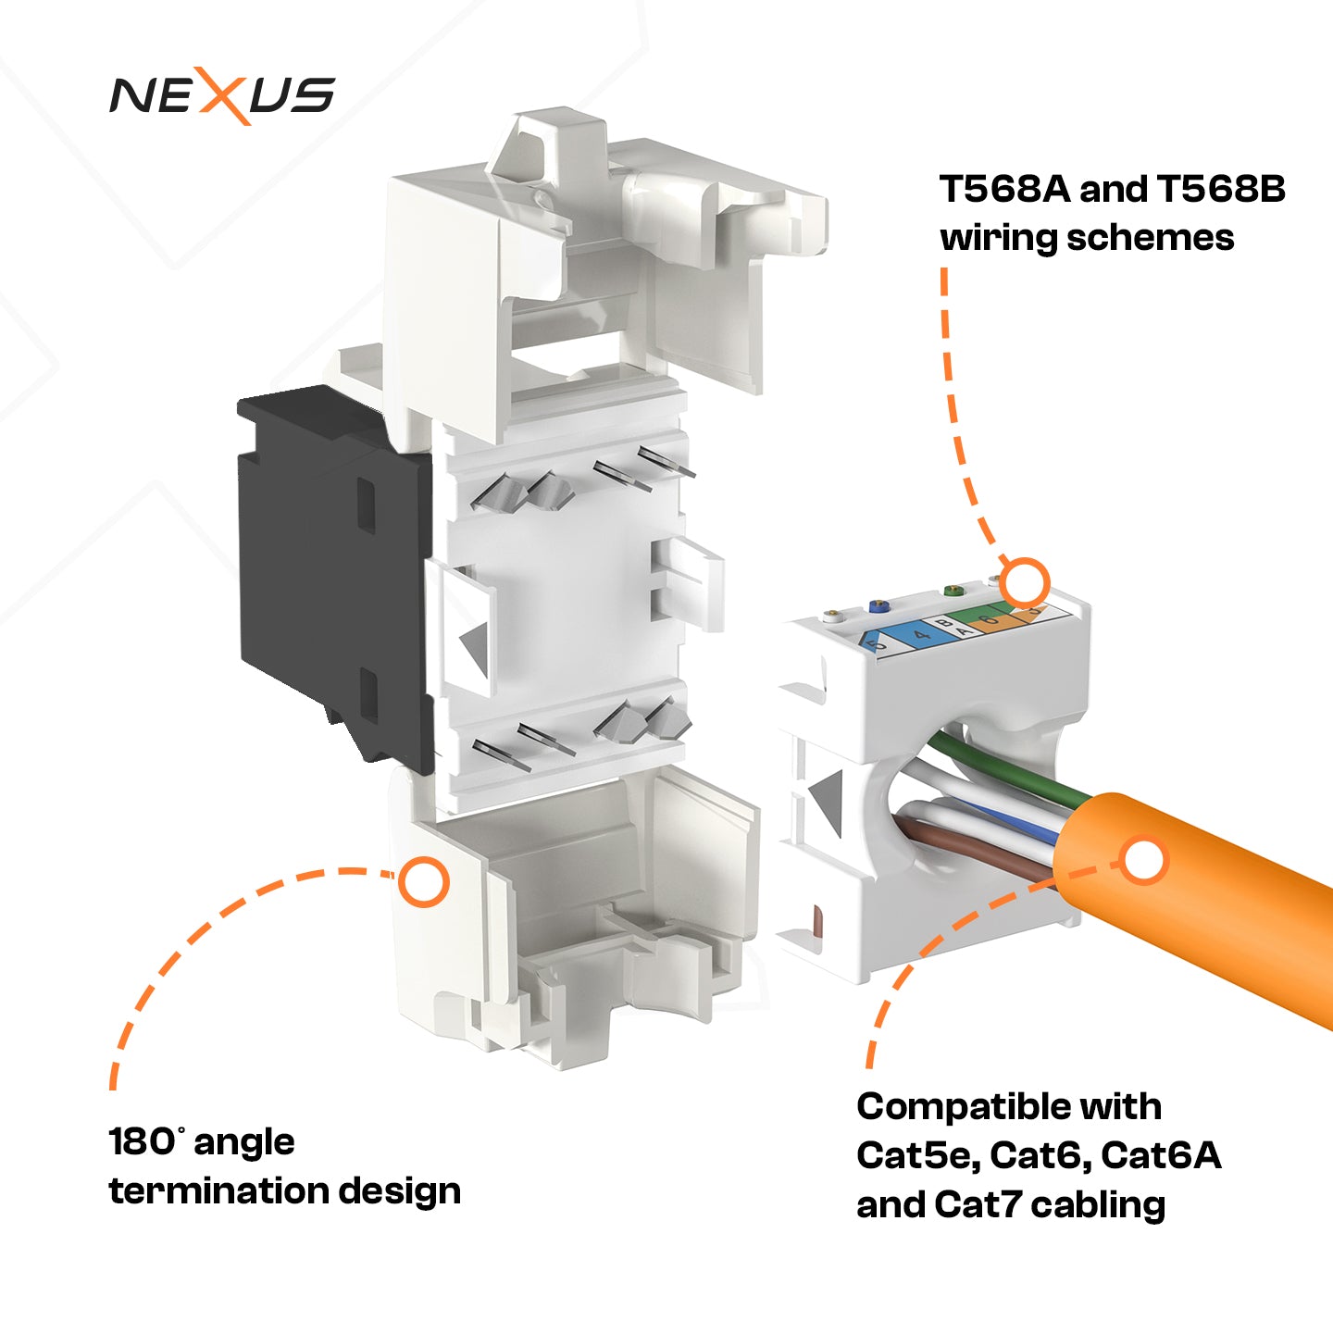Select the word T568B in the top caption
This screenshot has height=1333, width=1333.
click(x=1221, y=189)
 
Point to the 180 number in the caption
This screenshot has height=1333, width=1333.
click(x=141, y=1141)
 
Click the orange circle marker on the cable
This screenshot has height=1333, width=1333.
click(x=1144, y=860)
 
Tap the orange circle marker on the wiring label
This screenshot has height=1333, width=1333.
click(x=1025, y=584)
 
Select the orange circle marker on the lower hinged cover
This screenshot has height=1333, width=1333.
click(x=424, y=881)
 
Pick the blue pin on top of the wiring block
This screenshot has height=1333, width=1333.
click(x=877, y=607)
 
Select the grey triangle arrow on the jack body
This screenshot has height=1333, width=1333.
click(x=474, y=645)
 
